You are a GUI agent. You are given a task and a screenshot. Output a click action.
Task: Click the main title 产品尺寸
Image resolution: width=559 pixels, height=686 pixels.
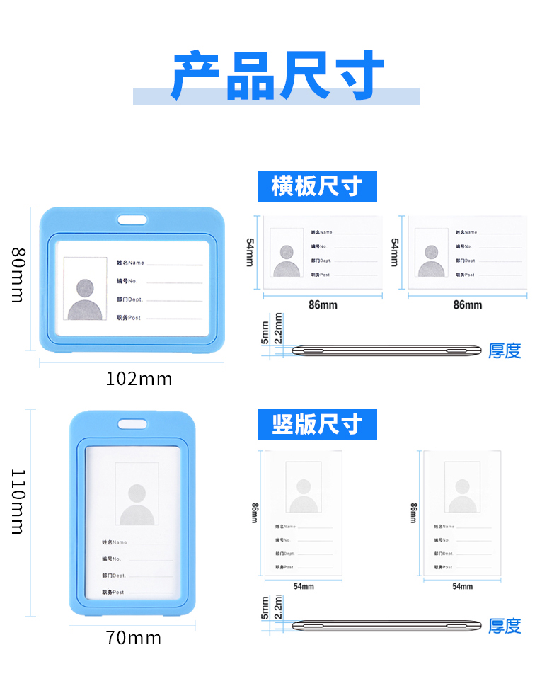coord(277,75)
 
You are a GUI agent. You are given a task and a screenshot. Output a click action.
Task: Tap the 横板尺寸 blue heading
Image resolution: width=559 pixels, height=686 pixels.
coord(317,187)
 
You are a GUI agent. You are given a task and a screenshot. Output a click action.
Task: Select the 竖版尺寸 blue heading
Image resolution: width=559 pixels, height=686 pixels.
coord(317,425)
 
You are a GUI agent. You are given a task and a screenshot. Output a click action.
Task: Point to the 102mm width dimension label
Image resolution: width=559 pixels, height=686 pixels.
coord(139,379)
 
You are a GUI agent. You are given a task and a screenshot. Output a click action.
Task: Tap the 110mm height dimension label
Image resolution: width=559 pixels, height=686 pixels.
coord(18,502)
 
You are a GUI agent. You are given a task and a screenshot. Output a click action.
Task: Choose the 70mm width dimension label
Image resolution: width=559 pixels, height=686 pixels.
coord(134,638)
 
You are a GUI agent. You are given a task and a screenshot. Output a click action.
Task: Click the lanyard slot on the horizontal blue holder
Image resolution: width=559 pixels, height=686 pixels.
coord(132,219)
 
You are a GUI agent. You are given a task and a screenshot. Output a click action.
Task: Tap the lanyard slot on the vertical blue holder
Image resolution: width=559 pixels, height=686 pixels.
coord(132,424)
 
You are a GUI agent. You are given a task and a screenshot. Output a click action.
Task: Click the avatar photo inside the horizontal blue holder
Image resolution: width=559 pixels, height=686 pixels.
coord(85,288)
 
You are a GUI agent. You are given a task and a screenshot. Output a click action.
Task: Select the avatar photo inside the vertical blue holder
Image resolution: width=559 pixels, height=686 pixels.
coord(137,493)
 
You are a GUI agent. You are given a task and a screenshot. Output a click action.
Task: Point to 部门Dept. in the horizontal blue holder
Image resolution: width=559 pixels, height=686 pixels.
coord(129,299)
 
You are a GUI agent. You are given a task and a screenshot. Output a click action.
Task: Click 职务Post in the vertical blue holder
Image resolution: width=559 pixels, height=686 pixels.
coord(113,592)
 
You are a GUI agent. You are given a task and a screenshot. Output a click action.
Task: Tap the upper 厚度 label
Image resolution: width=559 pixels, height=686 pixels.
coord(505,350)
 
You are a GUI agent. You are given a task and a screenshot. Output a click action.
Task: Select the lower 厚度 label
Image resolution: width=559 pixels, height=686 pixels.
coord(505,626)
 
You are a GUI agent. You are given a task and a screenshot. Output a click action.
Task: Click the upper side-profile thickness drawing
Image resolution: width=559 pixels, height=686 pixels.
coord(386,350)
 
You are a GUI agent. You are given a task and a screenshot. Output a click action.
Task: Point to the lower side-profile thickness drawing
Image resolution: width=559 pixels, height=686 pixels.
coord(386,626)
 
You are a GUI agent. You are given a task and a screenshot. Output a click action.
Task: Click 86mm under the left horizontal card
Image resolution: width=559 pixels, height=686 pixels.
coord(323,305)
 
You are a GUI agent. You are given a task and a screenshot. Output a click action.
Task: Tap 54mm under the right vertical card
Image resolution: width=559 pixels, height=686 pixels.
coord(462,586)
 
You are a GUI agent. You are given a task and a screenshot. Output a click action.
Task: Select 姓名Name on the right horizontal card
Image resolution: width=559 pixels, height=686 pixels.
coord(466,232)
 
